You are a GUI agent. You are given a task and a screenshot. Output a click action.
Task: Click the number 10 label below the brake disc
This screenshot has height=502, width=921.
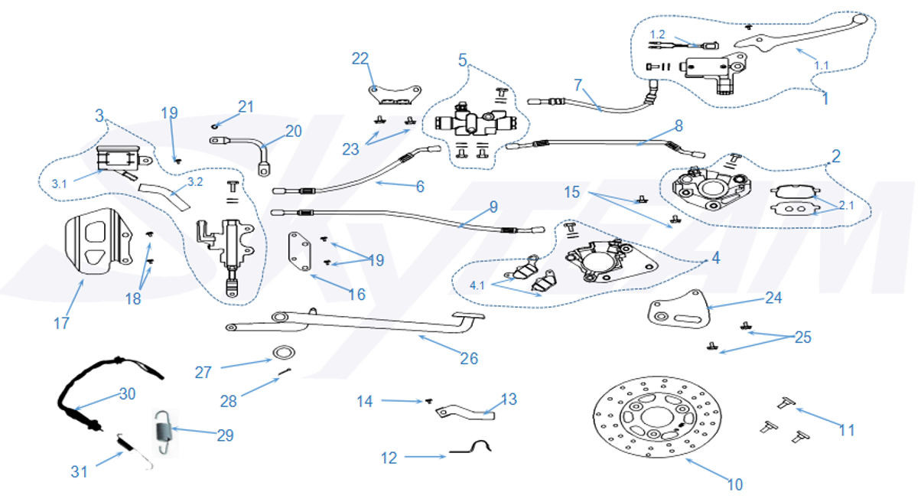[x=734, y=484]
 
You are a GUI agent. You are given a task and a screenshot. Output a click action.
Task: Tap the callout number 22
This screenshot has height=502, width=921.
[x=360, y=58]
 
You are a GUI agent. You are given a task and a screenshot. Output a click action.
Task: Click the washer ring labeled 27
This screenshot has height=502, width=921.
[x=284, y=353]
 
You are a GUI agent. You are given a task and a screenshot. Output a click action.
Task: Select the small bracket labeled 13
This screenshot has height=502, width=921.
[x=463, y=414]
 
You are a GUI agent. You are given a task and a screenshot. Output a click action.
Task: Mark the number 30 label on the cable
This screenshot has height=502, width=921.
[x=126, y=394]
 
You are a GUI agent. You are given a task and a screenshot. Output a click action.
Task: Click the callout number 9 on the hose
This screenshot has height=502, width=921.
[x=493, y=207]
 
